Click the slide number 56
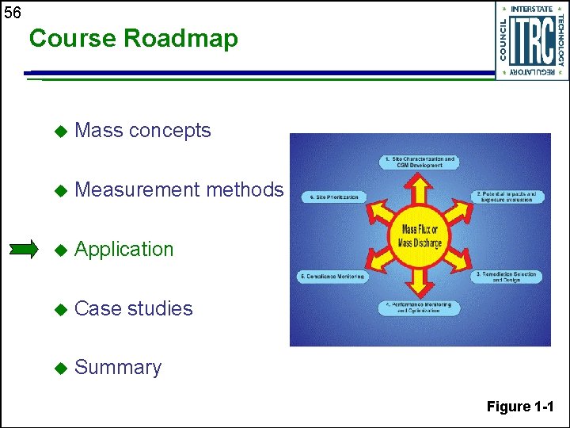(x=12, y=13)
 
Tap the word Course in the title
(x=74, y=39)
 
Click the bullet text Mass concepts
(x=142, y=131)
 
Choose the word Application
(x=123, y=249)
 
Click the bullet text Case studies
(x=133, y=308)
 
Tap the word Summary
(x=117, y=368)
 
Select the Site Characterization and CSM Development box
(x=420, y=162)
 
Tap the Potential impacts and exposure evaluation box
(x=507, y=197)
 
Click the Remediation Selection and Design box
(x=507, y=277)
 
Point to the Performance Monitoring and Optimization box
(x=420, y=308)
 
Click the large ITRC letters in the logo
(x=531, y=41)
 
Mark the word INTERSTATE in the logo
(x=531, y=9)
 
